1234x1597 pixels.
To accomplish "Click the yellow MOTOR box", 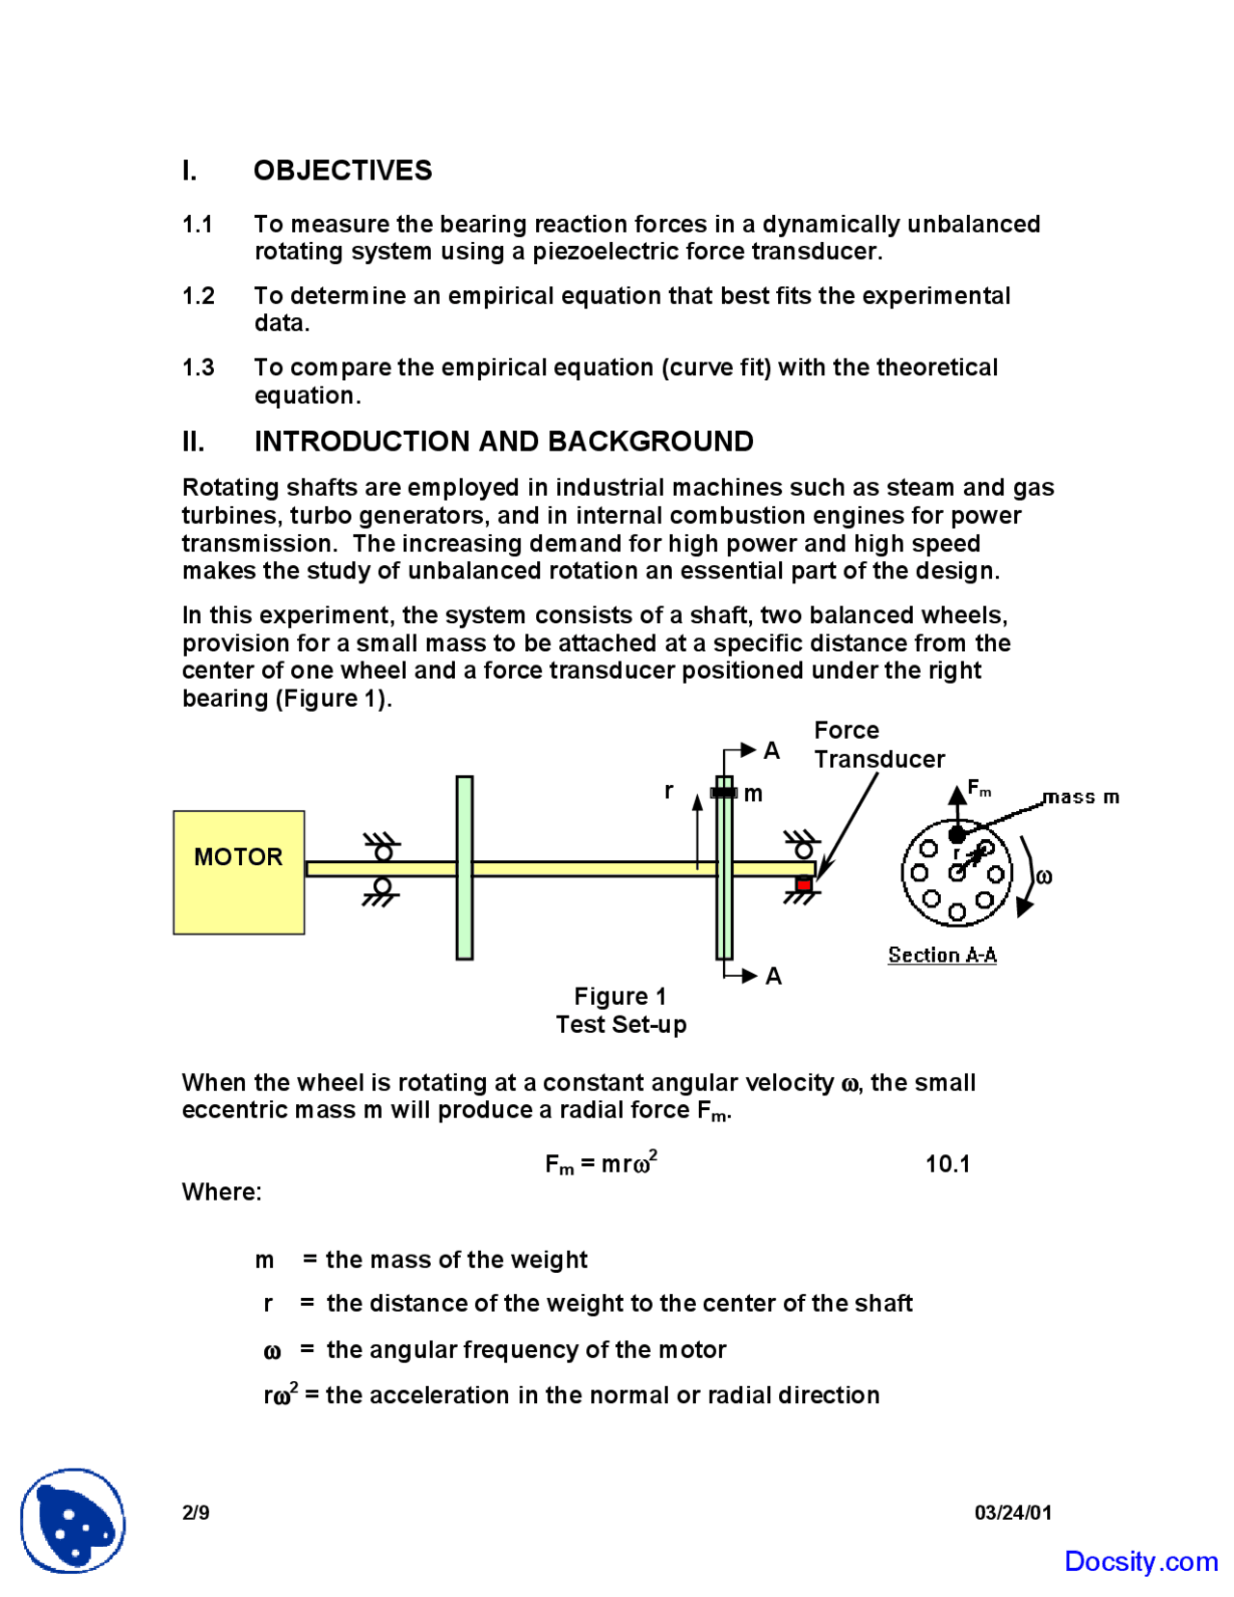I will point(238,872).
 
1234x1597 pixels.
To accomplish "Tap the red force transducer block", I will point(803,883).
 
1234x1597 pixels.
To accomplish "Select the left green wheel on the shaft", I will point(465,867).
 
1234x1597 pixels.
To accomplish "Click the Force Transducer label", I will point(878,744).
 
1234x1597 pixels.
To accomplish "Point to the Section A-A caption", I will point(942,955).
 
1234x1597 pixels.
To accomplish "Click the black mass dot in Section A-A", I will point(956,834).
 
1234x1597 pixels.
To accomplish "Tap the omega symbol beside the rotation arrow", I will point(1043,877).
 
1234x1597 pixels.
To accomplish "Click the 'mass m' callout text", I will point(1081,797).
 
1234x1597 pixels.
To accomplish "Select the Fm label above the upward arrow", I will point(979,788).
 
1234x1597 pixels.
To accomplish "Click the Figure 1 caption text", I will point(620,996).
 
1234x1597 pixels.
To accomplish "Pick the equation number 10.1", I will point(947,1163).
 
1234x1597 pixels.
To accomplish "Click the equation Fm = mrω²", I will point(601,1163).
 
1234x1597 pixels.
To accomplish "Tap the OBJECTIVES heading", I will point(342,171).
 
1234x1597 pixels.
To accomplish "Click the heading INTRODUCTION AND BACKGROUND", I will point(503,442).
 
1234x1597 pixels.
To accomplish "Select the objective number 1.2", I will point(199,296).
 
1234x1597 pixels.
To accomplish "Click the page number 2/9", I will point(196,1512).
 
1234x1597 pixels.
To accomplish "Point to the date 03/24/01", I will point(1012,1512).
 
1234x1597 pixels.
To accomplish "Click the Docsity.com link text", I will point(1140,1561).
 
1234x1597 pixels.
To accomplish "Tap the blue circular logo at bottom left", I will point(73,1521).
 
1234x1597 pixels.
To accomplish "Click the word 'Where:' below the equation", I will point(222,1192).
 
